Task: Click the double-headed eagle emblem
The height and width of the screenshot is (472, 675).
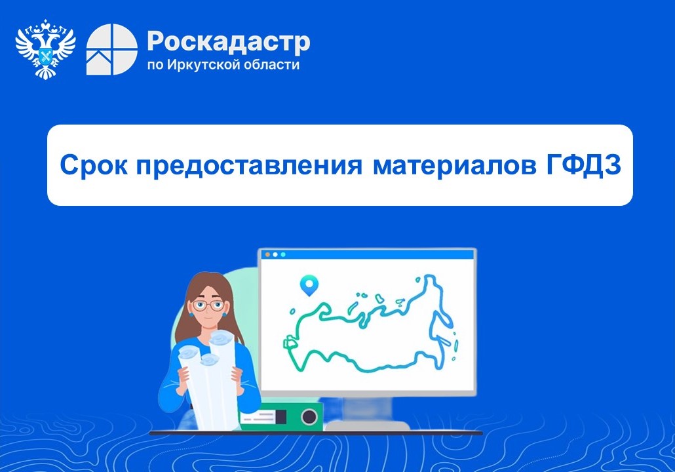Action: pyautogui.click(x=45, y=49)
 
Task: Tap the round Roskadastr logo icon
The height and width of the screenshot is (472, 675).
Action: pyautogui.click(x=112, y=49)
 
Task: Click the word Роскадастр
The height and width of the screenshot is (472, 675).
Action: pyautogui.click(x=228, y=42)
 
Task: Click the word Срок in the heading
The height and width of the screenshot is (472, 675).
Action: pyautogui.click(x=94, y=165)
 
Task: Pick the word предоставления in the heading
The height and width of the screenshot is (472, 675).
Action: pyautogui.click(x=249, y=165)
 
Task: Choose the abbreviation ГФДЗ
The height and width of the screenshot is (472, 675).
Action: pyautogui.click(x=584, y=165)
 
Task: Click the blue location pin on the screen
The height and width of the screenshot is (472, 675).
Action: pyautogui.click(x=309, y=285)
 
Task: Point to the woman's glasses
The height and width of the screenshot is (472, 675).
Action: pyautogui.click(x=208, y=305)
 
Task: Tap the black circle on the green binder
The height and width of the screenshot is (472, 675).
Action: pyautogui.click(x=309, y=416)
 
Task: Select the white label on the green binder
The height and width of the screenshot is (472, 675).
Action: pyautogui.click(x=258, y=417)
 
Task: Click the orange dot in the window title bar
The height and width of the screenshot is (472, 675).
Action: pyautogui.click(x=267, y=254)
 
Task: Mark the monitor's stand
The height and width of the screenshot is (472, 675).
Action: pyautogui.click(x=368, y=414)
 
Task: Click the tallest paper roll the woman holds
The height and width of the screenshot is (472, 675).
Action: pyautogui.click(x=223, y=379)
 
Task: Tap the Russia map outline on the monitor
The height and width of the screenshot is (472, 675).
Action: pyautogui.click(x=370, y=324)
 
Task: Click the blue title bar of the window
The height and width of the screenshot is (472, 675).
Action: pyautogui.click(x=367, y=254)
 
